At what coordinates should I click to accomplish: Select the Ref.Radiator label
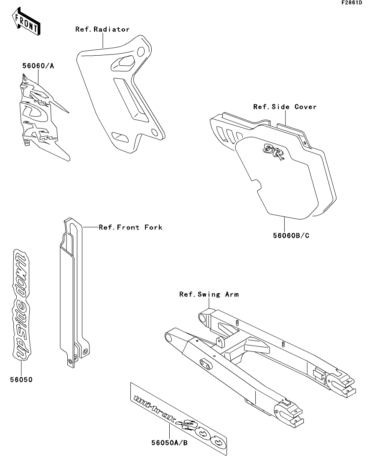(102, 29)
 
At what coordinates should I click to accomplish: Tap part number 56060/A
(38, 66)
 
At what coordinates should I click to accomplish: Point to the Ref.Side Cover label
(285, 107)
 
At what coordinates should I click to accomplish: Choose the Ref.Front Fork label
(130, 227)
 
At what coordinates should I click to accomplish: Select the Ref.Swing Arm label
(209, 294)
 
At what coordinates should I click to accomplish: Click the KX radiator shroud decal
(42, 117)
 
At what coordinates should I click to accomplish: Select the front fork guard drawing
(74, 293)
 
